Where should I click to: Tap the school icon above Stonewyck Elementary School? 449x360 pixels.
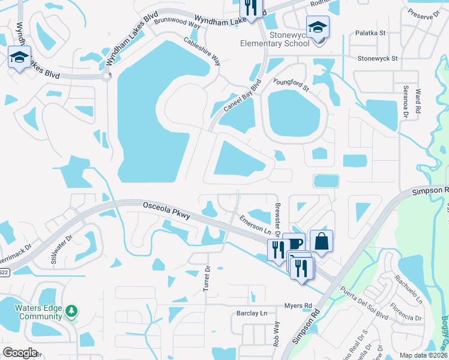point(318,27)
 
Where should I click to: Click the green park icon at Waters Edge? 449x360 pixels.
point(72,310)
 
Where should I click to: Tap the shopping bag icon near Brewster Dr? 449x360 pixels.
point(321,241)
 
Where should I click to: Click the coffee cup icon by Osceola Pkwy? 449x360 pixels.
point(294,244)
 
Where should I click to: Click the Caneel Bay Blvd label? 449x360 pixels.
point(243,96)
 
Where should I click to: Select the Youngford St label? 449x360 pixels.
point(291,85)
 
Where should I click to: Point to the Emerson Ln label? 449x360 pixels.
point(256,226)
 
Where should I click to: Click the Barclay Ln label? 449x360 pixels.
point(252,313)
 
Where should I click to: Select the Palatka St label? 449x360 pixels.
point(369,34)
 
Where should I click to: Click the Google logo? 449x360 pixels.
point(20,353)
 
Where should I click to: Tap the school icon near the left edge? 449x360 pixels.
point(19,58)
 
